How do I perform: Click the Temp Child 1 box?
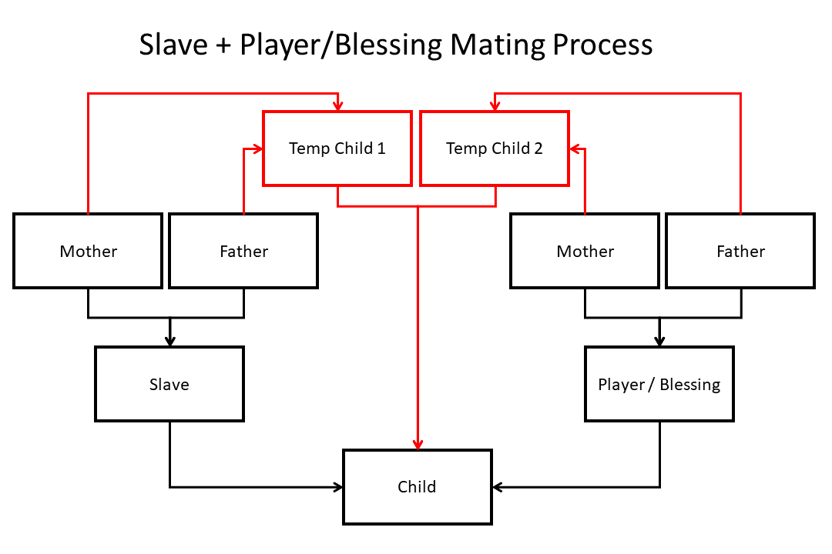click(x=337, y=149)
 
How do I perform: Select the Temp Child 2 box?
click(x=495, y=149)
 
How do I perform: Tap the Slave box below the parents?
click(x=169, y=384)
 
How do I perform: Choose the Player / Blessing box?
click(x=659, y=384)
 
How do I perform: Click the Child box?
click(x=417, y=487)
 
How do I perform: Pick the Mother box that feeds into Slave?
click(x=88, y=251)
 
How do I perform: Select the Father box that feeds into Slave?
click(x=243, y=251)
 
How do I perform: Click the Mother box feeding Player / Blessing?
click(x=585, y=251)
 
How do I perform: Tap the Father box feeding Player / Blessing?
click(x=740, y=251)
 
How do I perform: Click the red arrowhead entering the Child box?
click(x=418, y=445)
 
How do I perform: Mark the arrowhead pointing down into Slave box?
click(x=169, y=341)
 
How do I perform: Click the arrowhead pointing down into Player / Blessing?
click(x=659, y=341)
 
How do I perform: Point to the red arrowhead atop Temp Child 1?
click(x=337, y=106)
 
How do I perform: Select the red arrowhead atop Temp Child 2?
click(x=495, y=106)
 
